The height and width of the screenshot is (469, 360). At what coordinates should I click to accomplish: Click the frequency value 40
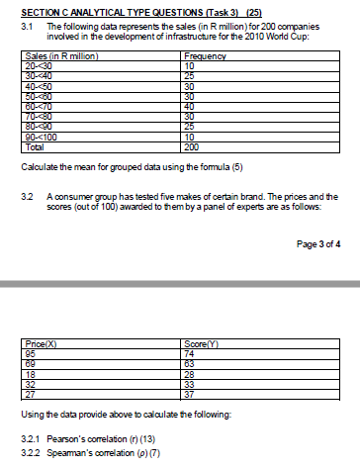(191, 110)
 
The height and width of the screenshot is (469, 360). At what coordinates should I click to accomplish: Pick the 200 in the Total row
(193, 146)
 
